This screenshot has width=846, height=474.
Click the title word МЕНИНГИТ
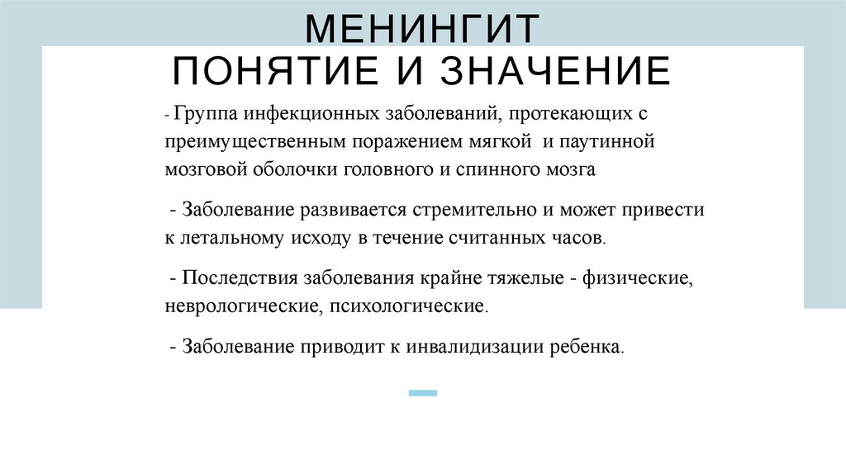[422, 30]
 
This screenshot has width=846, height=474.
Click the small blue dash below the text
[423, 393]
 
